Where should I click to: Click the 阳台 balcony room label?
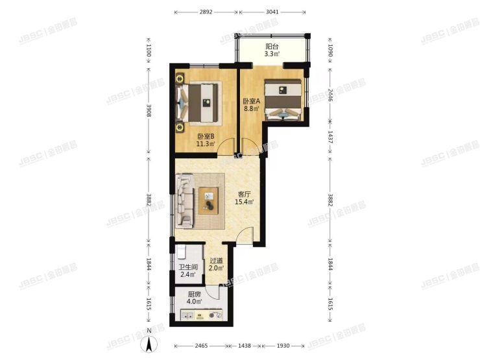[272, 46]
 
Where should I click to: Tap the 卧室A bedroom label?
[251, 101]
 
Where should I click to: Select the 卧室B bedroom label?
[206, 136]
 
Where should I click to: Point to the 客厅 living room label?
[245, 193]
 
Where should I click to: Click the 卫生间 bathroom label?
[188, 267]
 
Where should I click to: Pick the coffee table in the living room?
[209, 199]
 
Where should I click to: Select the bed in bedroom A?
[283, 99]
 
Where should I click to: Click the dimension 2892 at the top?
[206, 12]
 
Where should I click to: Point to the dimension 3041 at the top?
[273, 12]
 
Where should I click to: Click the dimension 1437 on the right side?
[330, 137]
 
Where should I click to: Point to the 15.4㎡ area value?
[245, 202]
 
